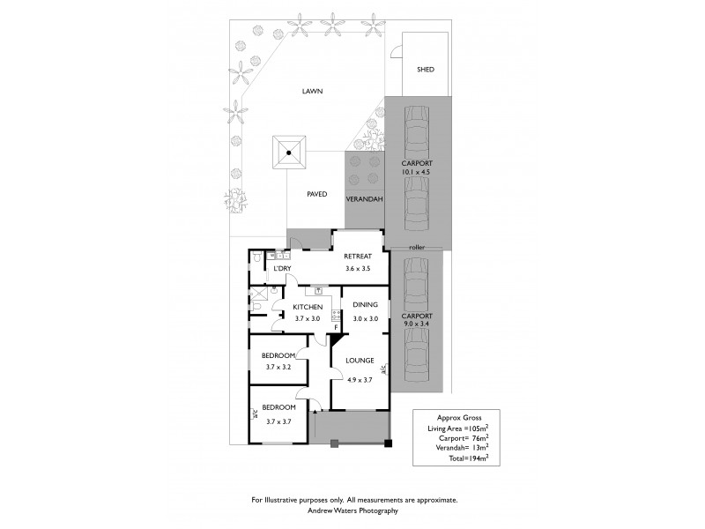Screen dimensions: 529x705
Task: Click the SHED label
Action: tap(426, 70)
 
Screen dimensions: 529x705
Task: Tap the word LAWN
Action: tap(312, 91)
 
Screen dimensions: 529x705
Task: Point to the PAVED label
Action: tap(316, 194)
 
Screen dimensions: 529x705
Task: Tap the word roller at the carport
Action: tap(417, 248)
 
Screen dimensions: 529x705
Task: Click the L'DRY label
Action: tap(283, 268)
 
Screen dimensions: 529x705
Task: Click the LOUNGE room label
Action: tap(360, 360)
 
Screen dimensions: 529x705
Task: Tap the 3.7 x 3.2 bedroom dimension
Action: tap(278, 366)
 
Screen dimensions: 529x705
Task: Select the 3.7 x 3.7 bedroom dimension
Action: tap(278, 421)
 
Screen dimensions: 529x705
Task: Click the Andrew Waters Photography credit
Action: tap(354, 510)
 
